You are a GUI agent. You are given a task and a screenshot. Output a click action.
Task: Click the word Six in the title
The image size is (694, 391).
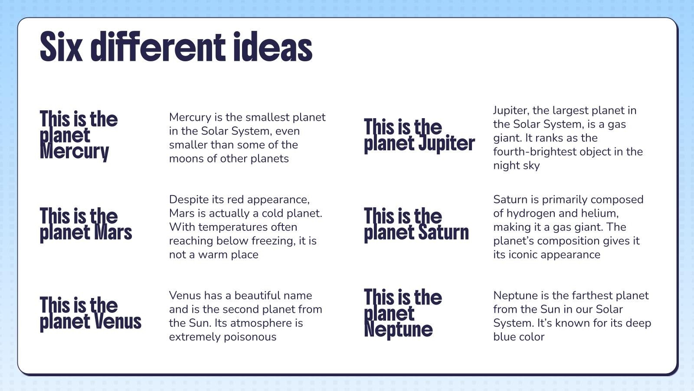[61, 46]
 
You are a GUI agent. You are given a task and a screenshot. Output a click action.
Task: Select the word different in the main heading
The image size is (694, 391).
[158, 46]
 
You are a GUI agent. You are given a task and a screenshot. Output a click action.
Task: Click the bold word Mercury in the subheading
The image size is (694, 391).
[74, 152]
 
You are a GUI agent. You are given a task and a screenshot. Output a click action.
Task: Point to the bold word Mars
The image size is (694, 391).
[113, 232]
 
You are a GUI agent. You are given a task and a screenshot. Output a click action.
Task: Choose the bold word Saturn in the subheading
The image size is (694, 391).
[443, 232]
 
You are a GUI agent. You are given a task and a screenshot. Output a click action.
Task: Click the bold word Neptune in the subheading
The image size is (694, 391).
[398, 330]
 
